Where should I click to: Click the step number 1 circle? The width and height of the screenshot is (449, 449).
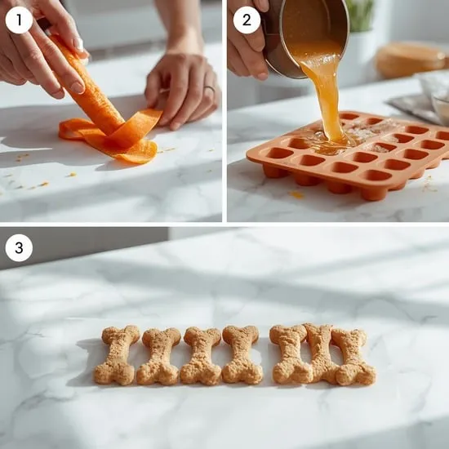click(x=19, y=20)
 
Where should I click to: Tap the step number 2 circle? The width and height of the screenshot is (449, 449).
click(x=247, y=20)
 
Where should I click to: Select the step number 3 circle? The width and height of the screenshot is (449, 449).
click(x=19, y=247)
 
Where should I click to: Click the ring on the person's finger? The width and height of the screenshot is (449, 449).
click(x=209, y=89)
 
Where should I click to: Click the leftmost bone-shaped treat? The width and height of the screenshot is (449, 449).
click(x=117, y=355)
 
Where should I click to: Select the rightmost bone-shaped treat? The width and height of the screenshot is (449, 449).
click(x=353, y=358)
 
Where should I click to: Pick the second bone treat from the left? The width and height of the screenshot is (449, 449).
click(x=159, y=357)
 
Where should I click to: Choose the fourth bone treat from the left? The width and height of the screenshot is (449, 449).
click(x=242, y=354)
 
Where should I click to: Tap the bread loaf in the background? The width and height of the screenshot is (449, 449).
click(x=411, y=60)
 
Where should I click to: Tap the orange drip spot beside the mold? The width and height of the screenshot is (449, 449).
click(x=296, y=195)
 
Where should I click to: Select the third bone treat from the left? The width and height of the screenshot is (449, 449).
click(x=201, y=357)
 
